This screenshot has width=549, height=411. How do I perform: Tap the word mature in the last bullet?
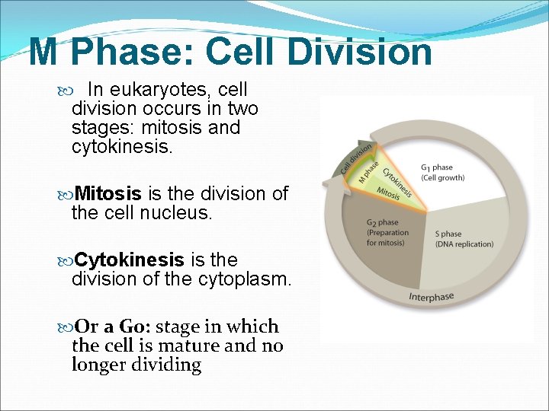(x=188, y=346)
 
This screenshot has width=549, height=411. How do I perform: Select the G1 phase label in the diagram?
(x=436, y=167)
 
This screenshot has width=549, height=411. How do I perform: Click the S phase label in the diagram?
(x=448, y=234)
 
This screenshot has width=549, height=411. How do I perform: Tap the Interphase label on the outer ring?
(x=431, y=295)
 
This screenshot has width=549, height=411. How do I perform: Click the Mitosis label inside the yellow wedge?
(x=387, y=194)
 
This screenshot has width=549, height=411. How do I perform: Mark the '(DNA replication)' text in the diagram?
(x=464, y=244)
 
